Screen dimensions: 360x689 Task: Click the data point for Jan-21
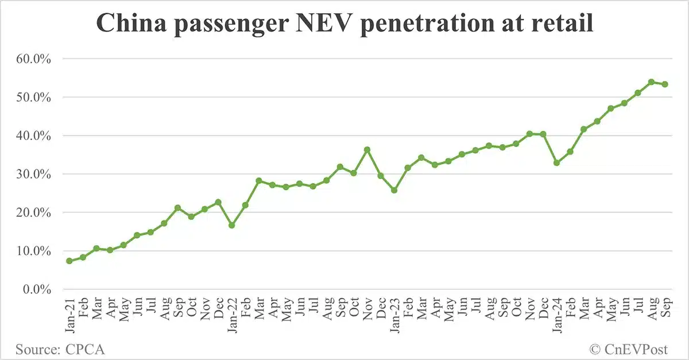(x=69, y=261)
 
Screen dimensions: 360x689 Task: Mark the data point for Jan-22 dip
(x=231, y=225)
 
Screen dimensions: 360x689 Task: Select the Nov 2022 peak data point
(x=367, y=150)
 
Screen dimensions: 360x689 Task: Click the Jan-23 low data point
(x=394, y=190)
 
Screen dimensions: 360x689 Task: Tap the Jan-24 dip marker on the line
(x=556, y=163)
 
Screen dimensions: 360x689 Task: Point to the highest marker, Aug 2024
(x=651, y=82)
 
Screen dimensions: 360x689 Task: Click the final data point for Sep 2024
(x=665, y=84)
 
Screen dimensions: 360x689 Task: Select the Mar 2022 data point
(x=258, y=181)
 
